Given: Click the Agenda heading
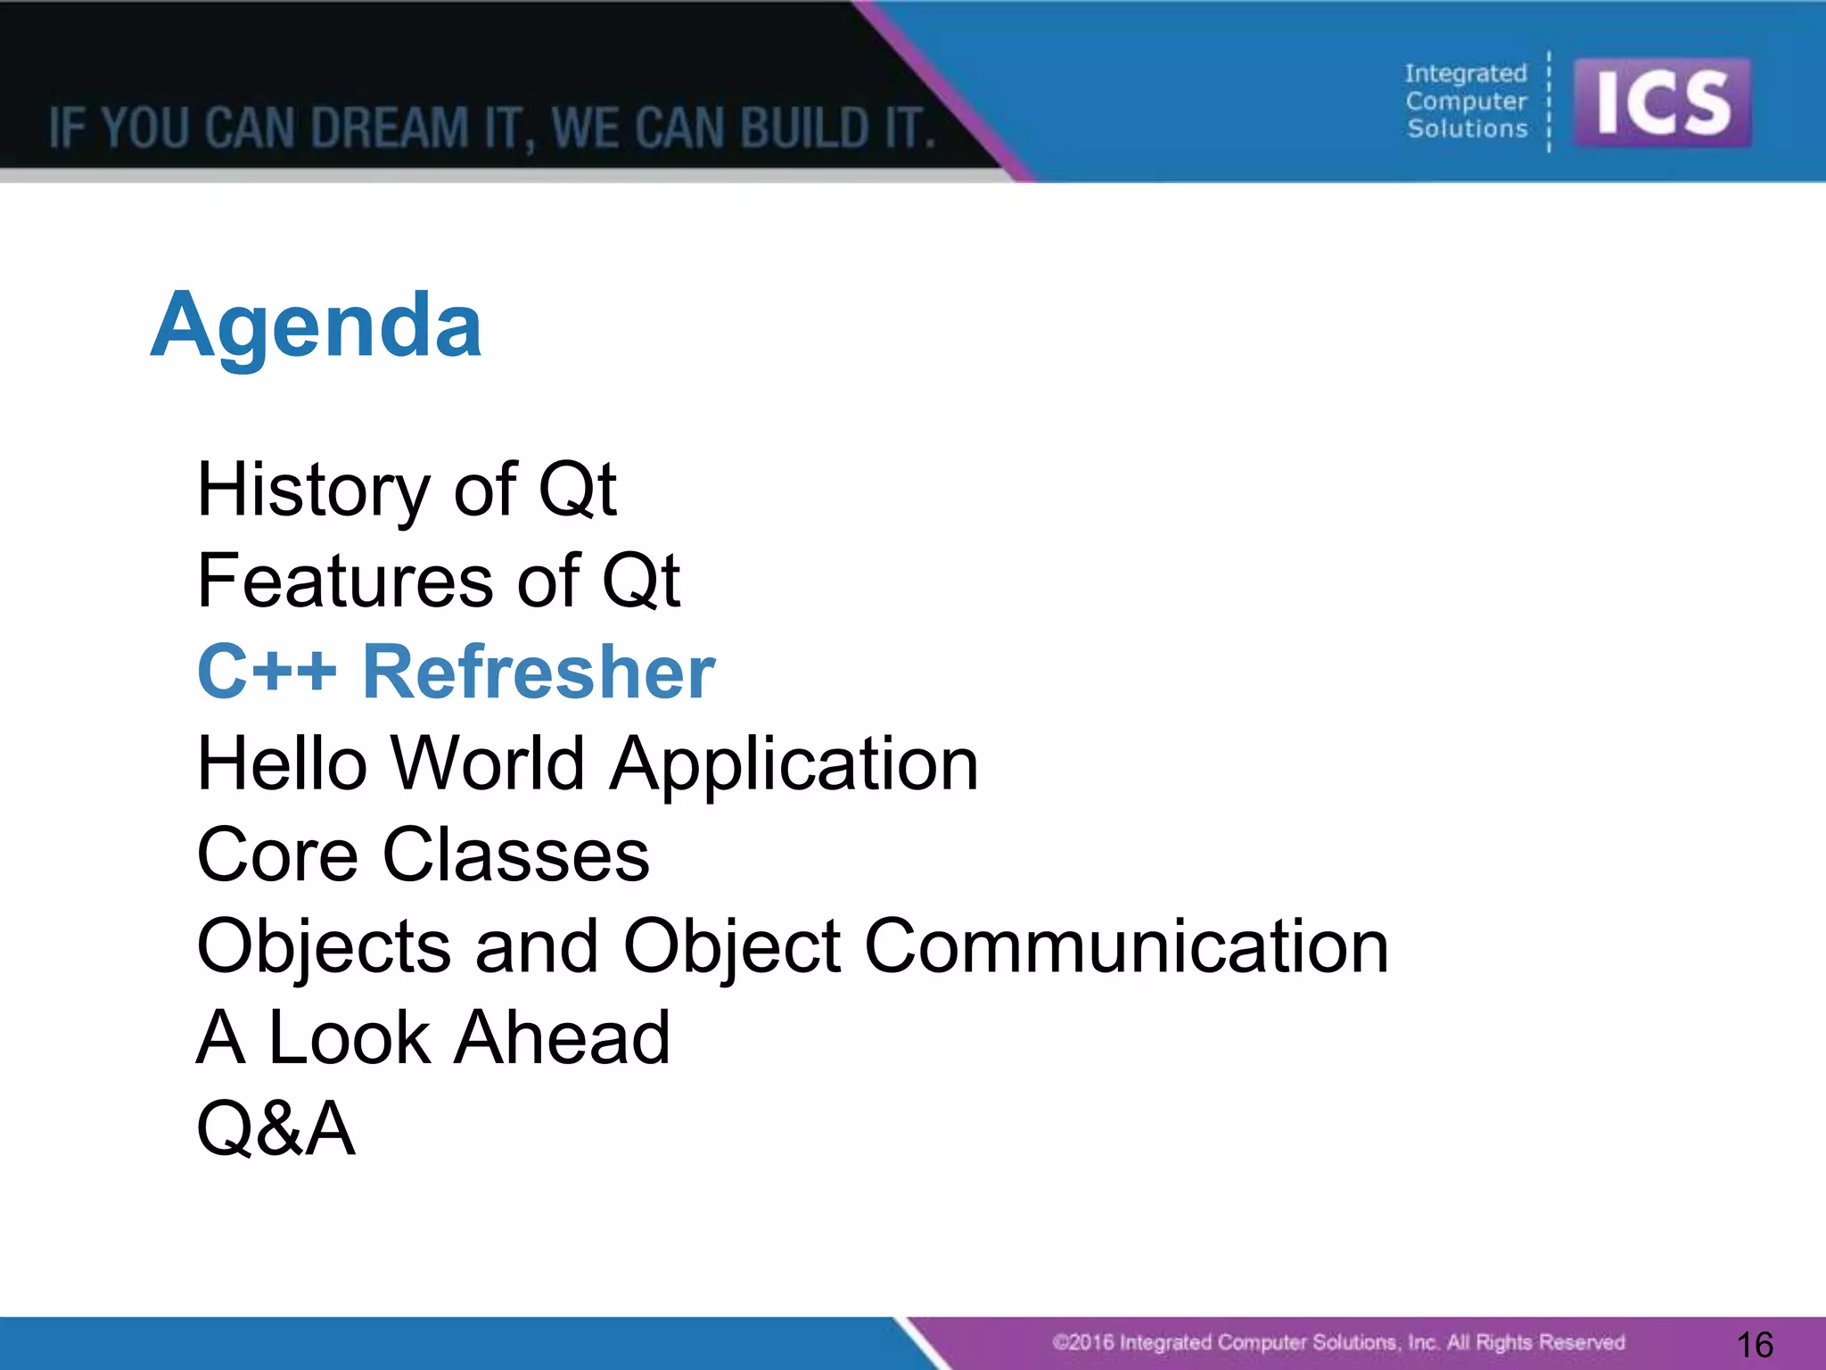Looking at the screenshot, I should [x=317, y=326].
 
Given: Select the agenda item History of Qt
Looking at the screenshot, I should [x=407, y=490].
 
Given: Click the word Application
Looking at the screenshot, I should [x=794, y=765].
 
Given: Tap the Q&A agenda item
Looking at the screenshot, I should [x=276, y=1129].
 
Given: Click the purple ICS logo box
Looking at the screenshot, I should [x=1662, y=103].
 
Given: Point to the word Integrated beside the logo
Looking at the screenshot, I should [x=1466, y=73].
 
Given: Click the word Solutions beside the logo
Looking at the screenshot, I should [x=1468, y=128].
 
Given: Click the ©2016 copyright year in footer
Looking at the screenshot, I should [x=1083, y=1342].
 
